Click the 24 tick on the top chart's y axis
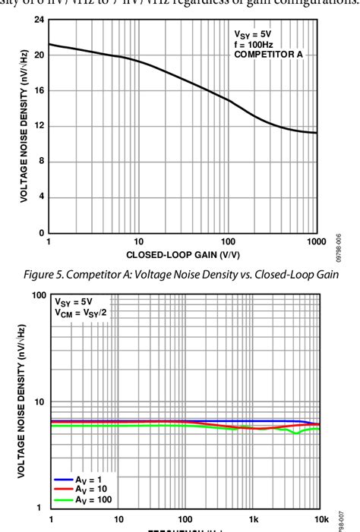(38, 19)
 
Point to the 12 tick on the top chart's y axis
(38, 126)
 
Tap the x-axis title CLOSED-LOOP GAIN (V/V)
(182, 255)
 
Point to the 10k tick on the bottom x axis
(321, 519)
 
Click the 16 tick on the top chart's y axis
(38, 90)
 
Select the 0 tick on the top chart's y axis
(41, 233)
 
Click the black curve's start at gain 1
(49, 44)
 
